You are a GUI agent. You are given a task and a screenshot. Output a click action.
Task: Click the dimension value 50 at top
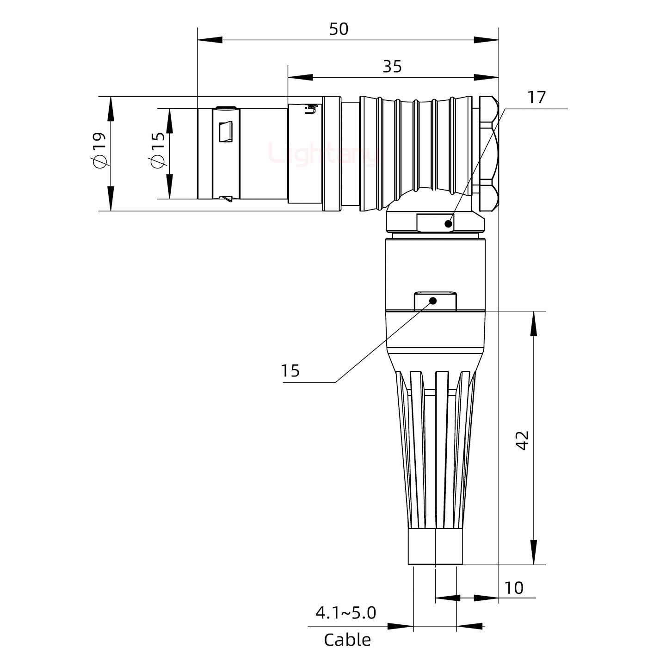[x=339, y=29]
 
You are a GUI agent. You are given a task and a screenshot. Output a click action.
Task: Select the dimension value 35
[x=392, y=67]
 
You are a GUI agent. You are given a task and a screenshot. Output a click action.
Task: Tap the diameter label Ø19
[x=99, y=150]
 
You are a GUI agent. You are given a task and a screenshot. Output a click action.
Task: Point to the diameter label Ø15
[x=158, y=150]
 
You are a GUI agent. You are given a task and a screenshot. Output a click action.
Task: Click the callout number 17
[x=536, y=98]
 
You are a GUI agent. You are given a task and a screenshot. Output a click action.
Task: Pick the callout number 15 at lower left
[x=290, y=370]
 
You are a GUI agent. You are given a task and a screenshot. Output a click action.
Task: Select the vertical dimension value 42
[x=522, y=440]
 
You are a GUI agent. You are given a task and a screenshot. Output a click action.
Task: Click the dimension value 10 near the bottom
[x=513, y=588]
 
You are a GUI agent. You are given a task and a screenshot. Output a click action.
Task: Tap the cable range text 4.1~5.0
[x=345, y=613]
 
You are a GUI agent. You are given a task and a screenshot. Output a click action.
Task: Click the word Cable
[x=347, y=640]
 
